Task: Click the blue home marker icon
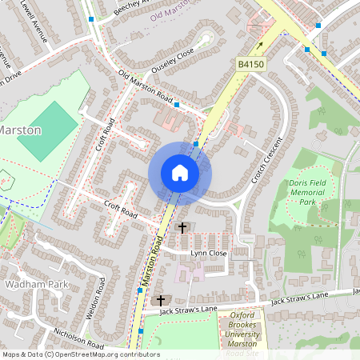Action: [x=180, y=173]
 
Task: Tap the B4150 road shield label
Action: [x=250, y=62]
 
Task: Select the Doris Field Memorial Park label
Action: [x=307, y=193]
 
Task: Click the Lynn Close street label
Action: [x=208, y=253]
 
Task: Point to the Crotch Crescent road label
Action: [x=266, y=160]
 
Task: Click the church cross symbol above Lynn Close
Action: [x=182, y=228]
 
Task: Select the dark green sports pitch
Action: [x=47, y=130]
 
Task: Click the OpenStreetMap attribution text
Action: [x=70, y=354]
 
